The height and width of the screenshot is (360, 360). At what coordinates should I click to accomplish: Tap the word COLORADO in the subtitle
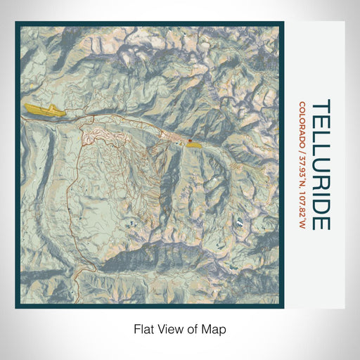[x=301, y=124]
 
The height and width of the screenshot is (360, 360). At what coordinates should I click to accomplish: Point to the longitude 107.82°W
[x=301, y=207]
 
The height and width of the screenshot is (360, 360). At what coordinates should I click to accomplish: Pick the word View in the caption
[x=168, y=328]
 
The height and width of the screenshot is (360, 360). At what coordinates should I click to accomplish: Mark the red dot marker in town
[x=188, y=142]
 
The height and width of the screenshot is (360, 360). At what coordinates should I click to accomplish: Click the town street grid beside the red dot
[x=176, y=138]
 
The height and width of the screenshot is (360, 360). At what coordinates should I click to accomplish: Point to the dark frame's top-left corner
[x=17, y=23]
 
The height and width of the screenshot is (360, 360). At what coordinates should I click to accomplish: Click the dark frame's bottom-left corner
[x=17, y=307]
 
